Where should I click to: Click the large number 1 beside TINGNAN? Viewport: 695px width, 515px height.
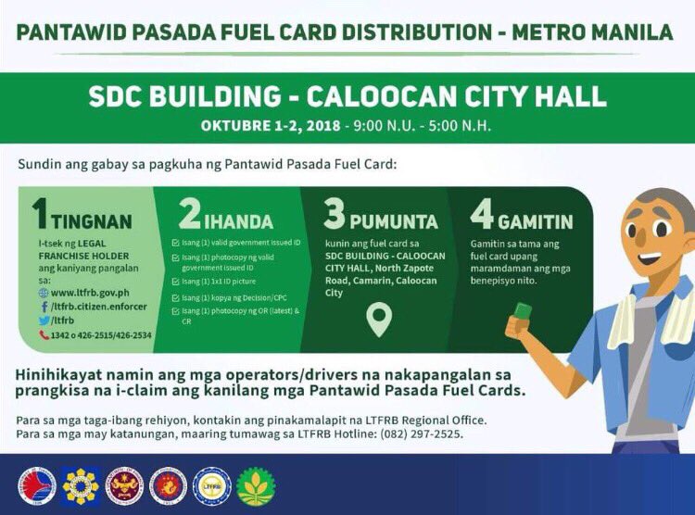tap(39, 213)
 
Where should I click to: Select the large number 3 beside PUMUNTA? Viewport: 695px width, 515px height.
tap(334, 214)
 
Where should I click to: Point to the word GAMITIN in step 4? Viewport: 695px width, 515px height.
tap(536, 222)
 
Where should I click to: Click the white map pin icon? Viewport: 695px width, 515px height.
tap(379, 320)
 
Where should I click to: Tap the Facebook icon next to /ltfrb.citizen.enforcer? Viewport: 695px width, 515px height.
tap(44, 306)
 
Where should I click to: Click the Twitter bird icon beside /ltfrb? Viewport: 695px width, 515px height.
tap(44, 320)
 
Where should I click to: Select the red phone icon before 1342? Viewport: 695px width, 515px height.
tap(44, 333)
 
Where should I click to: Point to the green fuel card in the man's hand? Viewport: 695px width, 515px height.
tap(524, 311)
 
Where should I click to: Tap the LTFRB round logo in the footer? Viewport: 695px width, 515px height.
tap(211, 485)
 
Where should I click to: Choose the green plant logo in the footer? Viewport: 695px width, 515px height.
tap(256, 485)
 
